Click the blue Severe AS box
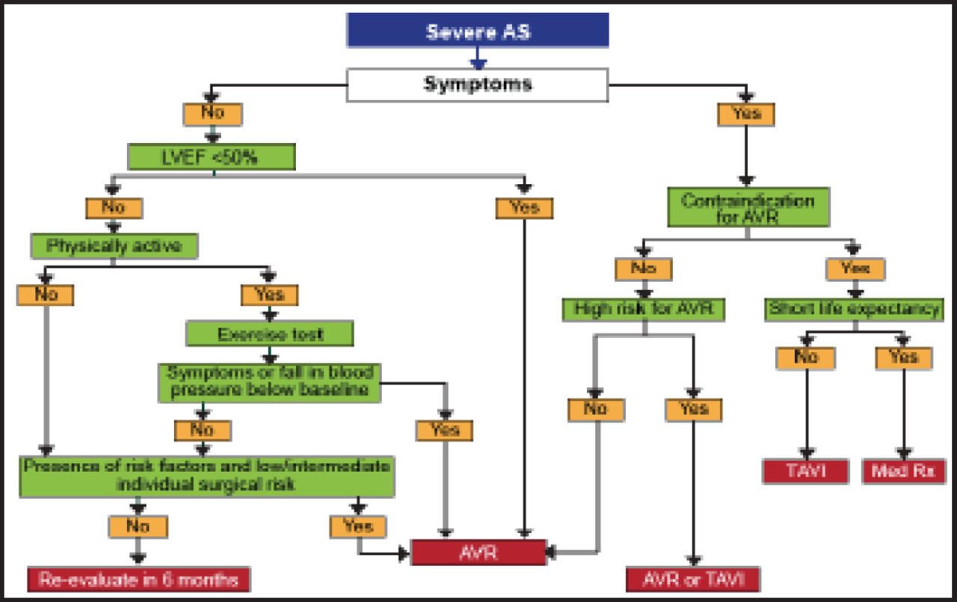[x=478, y=31]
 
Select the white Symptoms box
[x=478, y=85]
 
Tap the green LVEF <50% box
[x=212, y=158]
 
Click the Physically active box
[x=114, y=245]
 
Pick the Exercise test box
[x=269, y=334]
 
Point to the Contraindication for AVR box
[x=747, y=207]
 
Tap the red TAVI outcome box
[x=806, y=472]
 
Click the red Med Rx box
[x=903, y=472]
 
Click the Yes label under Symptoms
[x=745, y=114]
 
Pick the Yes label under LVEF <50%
[x=524, y=207]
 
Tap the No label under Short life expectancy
[x=806, y=357]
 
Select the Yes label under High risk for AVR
[x=693, y=409]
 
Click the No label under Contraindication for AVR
[x=644, y=268]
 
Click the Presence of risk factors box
[x=207, y=476]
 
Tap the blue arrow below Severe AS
[x=478, y=59]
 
